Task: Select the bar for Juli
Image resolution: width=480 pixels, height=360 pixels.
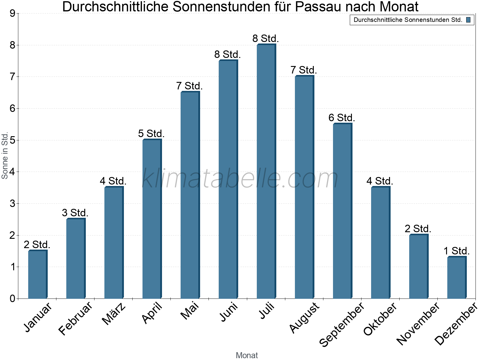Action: pyautogui.click(x=266, y=171)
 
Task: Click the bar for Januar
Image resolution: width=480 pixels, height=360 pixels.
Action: pyautogui.click(x=37, y=274)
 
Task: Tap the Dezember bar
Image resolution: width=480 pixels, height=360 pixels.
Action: pyautogui.click(x=457, y=277)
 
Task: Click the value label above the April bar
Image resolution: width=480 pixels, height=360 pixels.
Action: pyautogui.click(x=151, y=133)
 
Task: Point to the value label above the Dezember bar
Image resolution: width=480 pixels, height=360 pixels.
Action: pyautogui.click(x=457, y=251)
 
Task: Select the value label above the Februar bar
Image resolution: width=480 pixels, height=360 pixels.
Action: pyautogui.click(x=75, y=213)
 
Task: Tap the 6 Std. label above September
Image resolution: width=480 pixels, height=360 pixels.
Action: pyautogui.click(x=342, y=118)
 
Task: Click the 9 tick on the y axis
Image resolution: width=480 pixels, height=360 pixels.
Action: pyautogui.click(x=12, y=13)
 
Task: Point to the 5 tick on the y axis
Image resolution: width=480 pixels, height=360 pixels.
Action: pyautogui.click(x=12, y=140)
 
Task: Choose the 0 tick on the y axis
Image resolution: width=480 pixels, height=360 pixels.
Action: pyautogui.click(x=12, y=298)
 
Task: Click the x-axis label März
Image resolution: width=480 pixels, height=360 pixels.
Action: pyautogui.click(x=114, y=314)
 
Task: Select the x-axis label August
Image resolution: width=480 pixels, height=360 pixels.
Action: pyautogui.click(x=304, y=318)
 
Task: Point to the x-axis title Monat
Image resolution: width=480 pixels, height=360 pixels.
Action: pyautogui.click(x=247, y=355)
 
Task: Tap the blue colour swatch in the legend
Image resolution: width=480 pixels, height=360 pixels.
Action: pyautogui.click(x=468, y=20)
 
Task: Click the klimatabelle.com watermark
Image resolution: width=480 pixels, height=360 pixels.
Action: pyautogui.click(x=240, y=179)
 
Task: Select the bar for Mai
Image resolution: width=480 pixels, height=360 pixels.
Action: pyautogui.click(x=190, y=195)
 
